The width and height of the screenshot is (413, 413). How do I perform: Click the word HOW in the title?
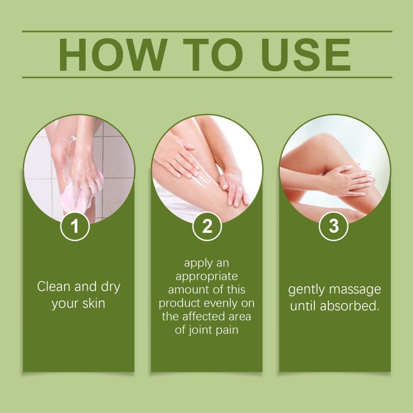coord(113,55)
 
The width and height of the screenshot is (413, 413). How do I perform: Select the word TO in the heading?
coord(213,55)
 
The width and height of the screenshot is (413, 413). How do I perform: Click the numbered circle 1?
coord(75,226)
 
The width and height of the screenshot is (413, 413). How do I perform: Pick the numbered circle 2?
coord(207,226)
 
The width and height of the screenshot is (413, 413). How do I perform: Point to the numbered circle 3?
coord(333,226)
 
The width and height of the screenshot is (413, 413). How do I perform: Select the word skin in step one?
coord(94,303)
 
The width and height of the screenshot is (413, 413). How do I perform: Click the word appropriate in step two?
coord(207,277)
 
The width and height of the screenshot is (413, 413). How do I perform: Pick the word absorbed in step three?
coord(350,306)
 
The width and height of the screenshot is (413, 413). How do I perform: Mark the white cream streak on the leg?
coord(201,180)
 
